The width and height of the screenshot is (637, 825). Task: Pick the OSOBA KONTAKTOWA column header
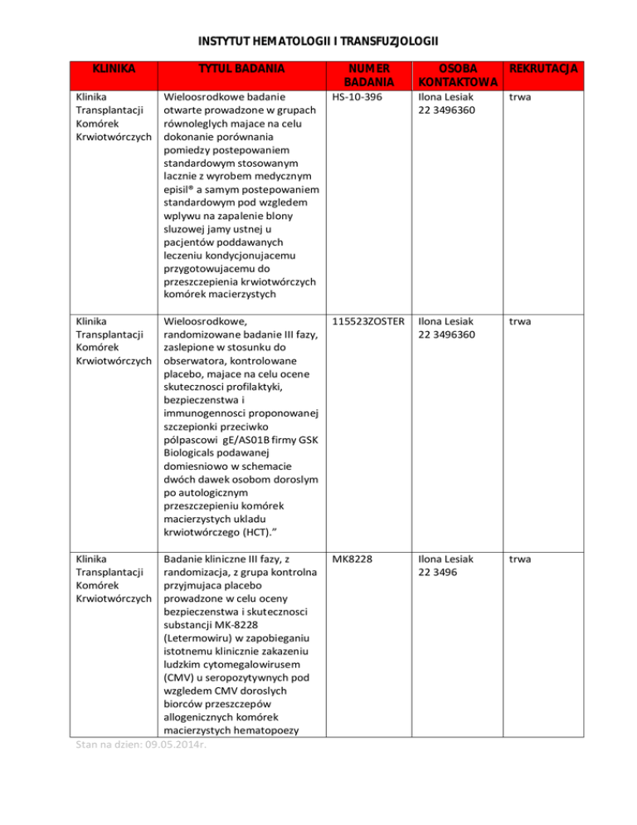pos(458,76)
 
